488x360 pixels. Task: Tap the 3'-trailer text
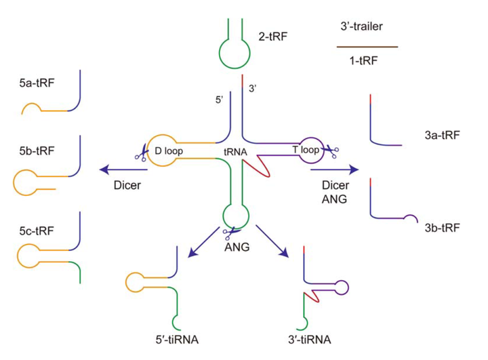click(366, 28)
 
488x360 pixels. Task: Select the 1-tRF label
click(366, 61)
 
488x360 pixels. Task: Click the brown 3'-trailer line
click(367, 47)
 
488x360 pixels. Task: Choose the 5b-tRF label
click(35, 151)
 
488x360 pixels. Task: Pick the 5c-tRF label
click(35, 231)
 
